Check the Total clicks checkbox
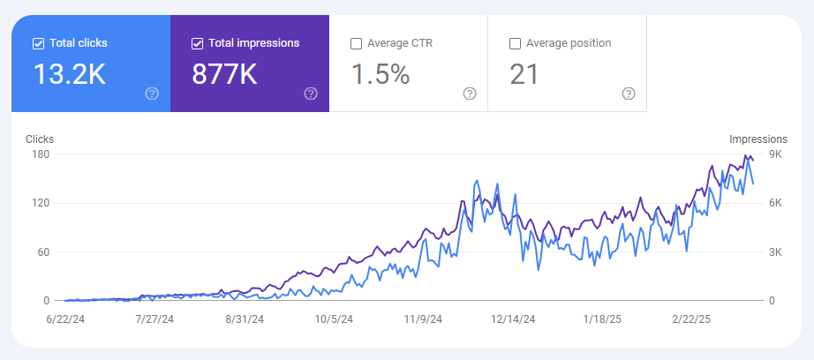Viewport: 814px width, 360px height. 38,42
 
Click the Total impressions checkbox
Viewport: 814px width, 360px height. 197,42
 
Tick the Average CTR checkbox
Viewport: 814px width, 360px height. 356,42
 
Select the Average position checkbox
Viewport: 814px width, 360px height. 515,42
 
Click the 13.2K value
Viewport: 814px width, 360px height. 69,75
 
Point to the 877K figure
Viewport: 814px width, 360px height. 224,75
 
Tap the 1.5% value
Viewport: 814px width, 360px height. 381,75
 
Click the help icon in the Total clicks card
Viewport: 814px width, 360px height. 152,94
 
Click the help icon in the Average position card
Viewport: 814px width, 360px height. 629,94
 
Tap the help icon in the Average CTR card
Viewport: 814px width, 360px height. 470,94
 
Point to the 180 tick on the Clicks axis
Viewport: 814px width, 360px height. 41,154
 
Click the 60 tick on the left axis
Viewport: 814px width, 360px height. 43,252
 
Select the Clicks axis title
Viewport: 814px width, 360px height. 40,139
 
